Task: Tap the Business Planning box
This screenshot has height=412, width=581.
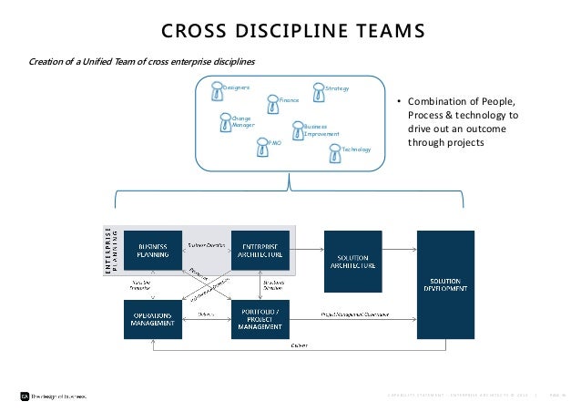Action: pyautogui.click(x=151, y=252)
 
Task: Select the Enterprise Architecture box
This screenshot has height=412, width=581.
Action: pyautogui.click(x=260, y=252)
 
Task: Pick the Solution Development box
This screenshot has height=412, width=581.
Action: pyautogui.click(x=445, y=283)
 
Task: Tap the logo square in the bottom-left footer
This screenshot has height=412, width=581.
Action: pyautogui.click(x=25, y=396)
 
